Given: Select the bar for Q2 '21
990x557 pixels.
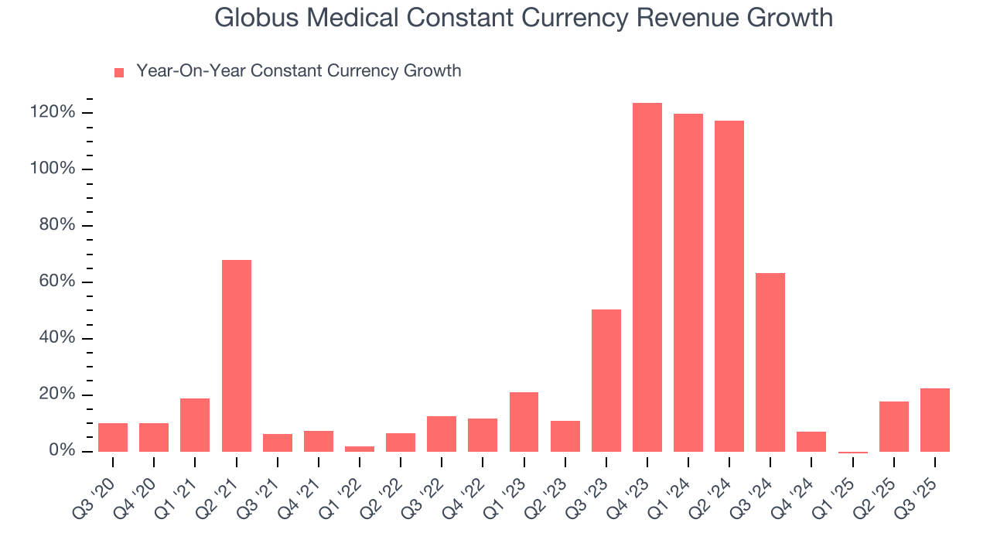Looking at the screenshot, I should tap(237, 356).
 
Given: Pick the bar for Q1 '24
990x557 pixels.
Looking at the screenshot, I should tap(688, 282).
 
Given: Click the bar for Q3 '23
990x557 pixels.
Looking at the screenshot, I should tap(606, 381).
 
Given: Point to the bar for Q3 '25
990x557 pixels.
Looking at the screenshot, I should tap(934, 420).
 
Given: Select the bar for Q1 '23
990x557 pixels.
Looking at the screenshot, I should tap(524, 422).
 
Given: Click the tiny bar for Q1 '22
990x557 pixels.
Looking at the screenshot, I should tap(360, 449).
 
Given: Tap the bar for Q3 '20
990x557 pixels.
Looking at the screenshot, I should tap(113, 437).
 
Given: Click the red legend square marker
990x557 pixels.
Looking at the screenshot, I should tap(119, 73).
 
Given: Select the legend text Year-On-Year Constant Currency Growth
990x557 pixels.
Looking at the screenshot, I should tap(299, 71).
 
